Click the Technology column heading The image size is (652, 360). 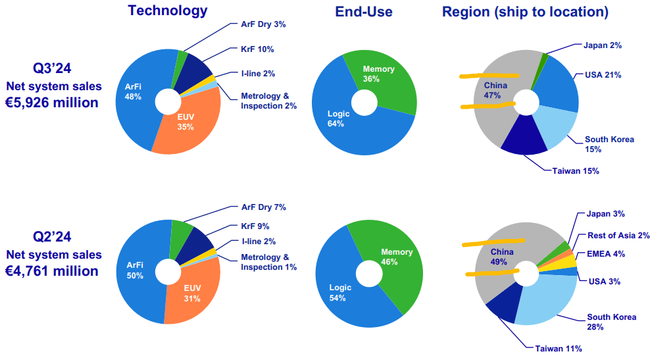168,11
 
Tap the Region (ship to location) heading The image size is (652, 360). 525,12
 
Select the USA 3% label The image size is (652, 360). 601,282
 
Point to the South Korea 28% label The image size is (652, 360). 611,322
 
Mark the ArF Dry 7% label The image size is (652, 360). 263,207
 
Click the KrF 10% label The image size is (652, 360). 257,49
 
